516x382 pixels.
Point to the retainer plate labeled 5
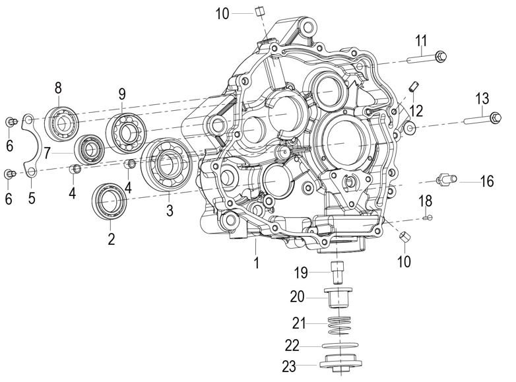pyautogui.click(x=32, y=146)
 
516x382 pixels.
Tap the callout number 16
pyautogui.click(x=486, y=181)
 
